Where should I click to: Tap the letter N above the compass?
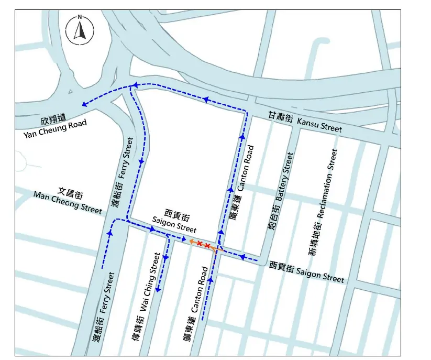point(80,17)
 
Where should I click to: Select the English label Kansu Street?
point(319,125)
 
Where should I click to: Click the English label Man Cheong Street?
point(68,202)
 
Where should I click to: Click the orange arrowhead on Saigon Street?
point(192,242)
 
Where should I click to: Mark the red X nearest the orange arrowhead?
point(200,244)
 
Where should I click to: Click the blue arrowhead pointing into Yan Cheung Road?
point(84,104)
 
